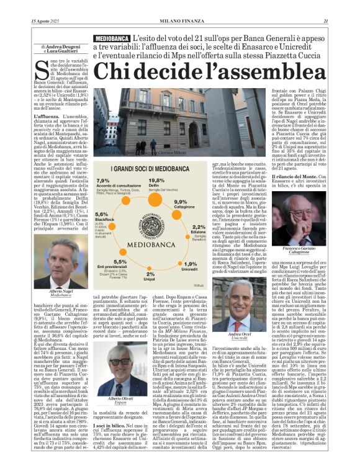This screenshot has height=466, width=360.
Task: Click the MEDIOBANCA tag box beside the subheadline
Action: click(x=113, y=38)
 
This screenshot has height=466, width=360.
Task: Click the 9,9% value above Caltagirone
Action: click(x=181, y=202)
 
